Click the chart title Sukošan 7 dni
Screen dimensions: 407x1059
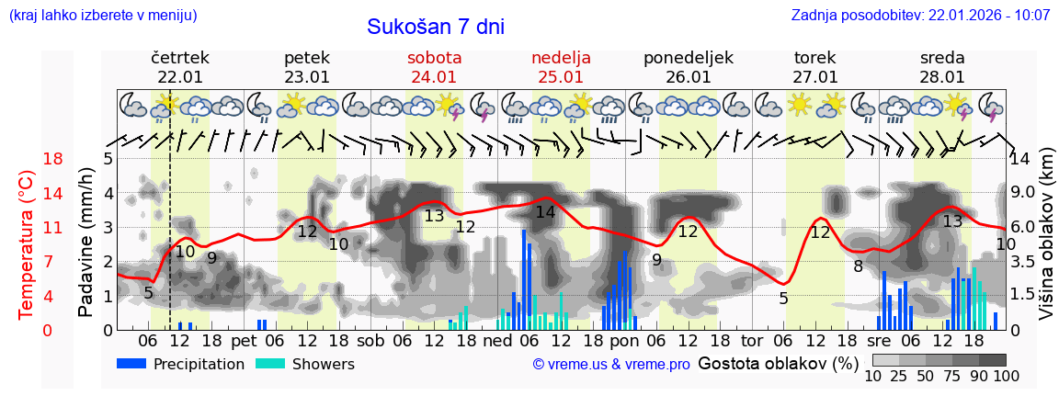coord(436,27)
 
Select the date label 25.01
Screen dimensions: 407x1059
coord(561,77)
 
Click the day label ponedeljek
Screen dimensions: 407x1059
coord(689,58)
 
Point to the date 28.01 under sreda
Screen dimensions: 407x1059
coord(942,77)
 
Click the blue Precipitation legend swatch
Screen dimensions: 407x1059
coord(132,364)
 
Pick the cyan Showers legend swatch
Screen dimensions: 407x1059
coord(270,364)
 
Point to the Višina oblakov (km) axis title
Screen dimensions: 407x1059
coord(1046,234)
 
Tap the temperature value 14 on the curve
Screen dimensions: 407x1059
coord(545,212)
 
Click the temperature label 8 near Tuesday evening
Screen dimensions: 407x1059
coord(858,266)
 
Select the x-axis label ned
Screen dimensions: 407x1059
coord(497,340)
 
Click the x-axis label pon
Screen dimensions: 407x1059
coord(624,340)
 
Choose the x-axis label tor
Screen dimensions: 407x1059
coord(752,340)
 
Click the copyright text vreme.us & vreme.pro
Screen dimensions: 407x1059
coord(611,364)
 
